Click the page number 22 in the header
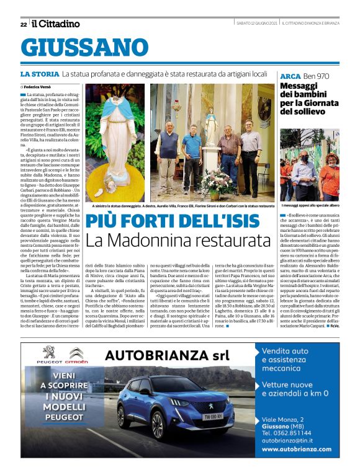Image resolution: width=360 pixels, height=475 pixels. pyautogui.click(x=24, y=24)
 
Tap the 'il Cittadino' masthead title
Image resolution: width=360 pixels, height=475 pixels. pyautogui.click(x=56, y=24)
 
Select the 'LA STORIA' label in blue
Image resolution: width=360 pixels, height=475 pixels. pyautogui.click(x=40, y=74)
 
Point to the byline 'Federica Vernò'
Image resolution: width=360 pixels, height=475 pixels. pyautogui.click(x=40, y=87)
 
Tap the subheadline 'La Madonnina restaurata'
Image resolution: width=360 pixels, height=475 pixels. pyautogui.click(x=178, y=241)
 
